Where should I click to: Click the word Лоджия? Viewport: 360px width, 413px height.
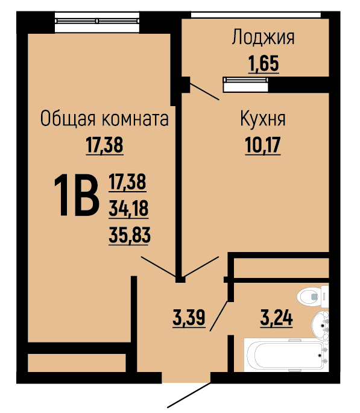click(x=263, y=37)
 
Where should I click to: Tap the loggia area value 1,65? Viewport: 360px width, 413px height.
click(x=264, y=64)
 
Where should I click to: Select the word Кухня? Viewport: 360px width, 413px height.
click(x=263, y=119)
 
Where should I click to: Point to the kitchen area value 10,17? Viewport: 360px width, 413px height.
click(x=263, y=145)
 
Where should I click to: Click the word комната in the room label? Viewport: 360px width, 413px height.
click(x=135, y=119)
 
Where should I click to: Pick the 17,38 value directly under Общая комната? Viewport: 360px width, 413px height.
click(x=104, y=145)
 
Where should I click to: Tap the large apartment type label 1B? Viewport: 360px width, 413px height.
click(x=77, y=195)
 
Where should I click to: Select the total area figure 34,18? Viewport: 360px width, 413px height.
click(x=128, y=209)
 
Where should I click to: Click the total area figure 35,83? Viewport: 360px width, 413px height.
click(x=130, y=235)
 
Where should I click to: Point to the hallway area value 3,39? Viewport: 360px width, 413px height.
click(x=189, y=318)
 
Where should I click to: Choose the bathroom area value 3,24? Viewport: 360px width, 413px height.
click(x=276, y=318)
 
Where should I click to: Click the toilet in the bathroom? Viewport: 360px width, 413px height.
click(x=312, y=297)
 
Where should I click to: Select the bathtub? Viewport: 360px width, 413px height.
click(x=286, y=355)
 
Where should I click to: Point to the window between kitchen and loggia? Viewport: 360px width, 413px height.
click(x=245, y=84)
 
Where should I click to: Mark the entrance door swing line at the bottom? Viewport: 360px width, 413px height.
click(x=189, y=395)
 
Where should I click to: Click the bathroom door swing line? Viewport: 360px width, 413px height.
click(x=218, y=316)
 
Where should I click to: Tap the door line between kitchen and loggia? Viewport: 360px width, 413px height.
click(x=204, y=92)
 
